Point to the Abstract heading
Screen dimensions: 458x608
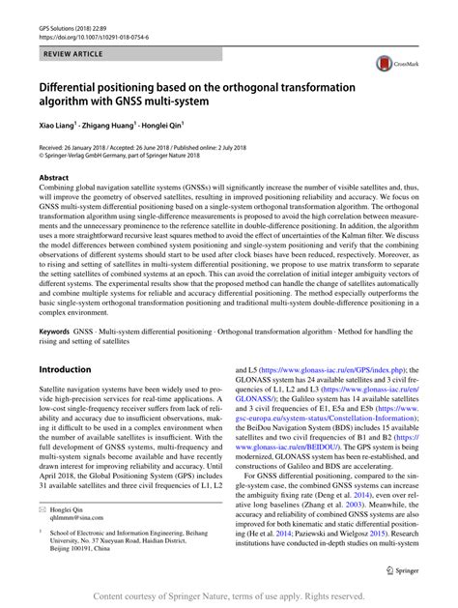pos(54,178)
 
